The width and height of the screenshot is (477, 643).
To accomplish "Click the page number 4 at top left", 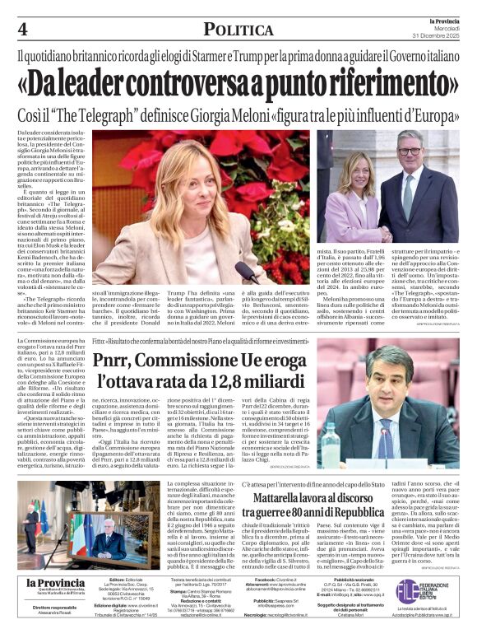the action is [x=23, y=29].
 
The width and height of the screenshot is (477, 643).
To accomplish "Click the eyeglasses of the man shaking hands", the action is [x=409, y=151].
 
